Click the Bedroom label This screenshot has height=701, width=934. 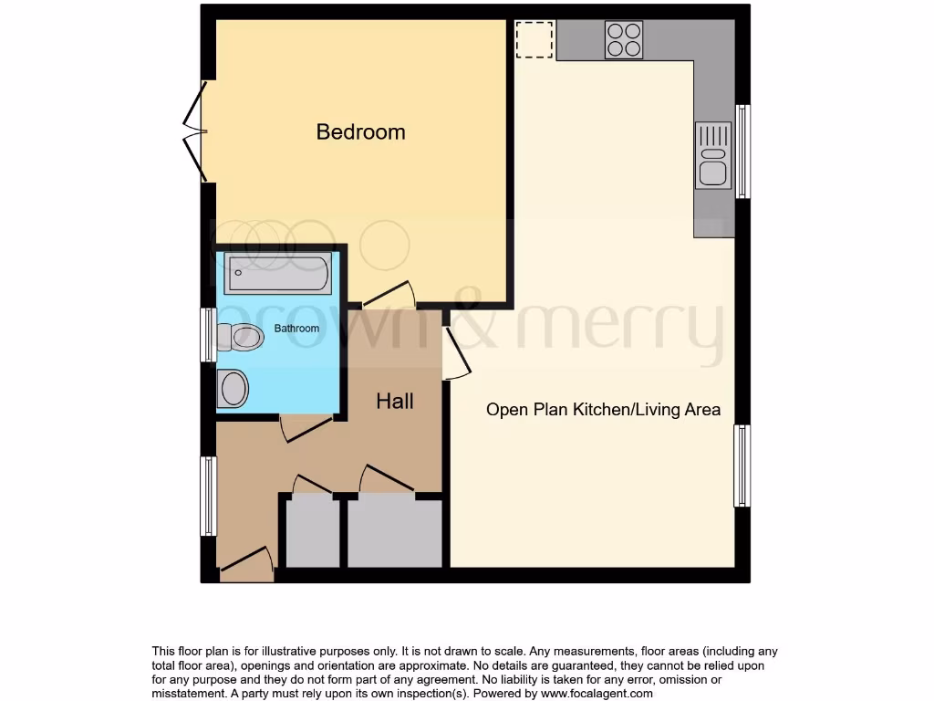[x=360, y=131]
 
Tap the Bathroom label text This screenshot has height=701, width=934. [x=297, y=329]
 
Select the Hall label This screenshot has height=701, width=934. [x=395, y=401]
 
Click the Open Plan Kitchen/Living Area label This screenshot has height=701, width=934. [x=603, y=409]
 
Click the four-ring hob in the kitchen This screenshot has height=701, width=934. [x=624, y=39]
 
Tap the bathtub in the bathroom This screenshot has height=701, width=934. [x=278, y=272]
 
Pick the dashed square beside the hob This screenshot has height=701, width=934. [x=534, y=39]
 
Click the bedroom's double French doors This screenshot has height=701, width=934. [x=195, y=132]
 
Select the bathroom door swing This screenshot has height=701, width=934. [x=306, y=426]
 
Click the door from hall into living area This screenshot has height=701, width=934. [x=455, y=353]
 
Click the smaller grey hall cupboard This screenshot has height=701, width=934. [x=311, y=531]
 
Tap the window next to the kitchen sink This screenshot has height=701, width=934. [x=743, y=152]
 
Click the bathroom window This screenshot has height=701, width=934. [x=209, y=335]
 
